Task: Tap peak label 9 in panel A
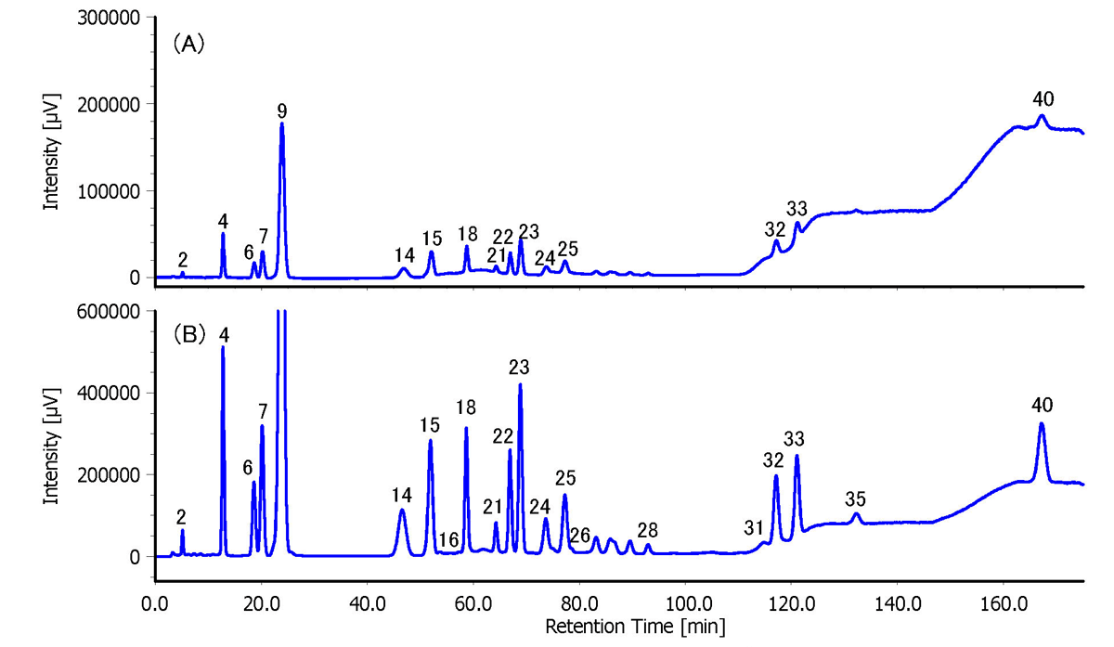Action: click(x=281, y=111)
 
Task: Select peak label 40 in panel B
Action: click(x=1043, y=405)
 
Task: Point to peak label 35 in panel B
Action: click(x=856, y=499)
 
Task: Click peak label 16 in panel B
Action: click(x=449, y=540)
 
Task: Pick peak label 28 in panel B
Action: click(x=648, y=530)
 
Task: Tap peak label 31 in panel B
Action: click(x=754, y=527)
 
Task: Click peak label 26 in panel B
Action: click(x=580, y=535)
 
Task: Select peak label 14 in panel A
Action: click(x=403, y=254)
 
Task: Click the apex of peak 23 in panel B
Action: click(x=520, y=384)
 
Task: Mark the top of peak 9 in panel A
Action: click(x=281, y=123)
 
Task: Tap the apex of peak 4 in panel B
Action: click(x=223, y=347)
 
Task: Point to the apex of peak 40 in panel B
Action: click(x=1042, y=424)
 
